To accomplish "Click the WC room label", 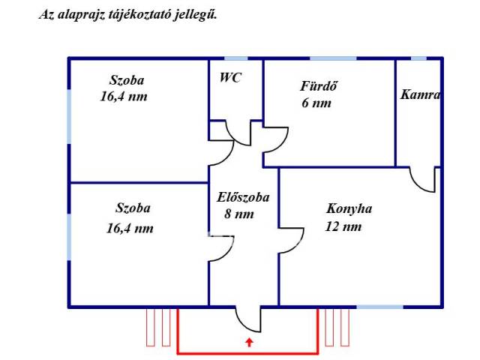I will [x=230, y=77].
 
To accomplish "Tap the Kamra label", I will [x=420, y=95].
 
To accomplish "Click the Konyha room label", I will [x=349, y=209].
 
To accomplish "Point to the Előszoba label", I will [x=242, y=198].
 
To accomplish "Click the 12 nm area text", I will [x=344, y=226].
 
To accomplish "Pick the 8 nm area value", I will [x=239, y=214].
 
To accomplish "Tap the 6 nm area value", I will [x=316, y=104].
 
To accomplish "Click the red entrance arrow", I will [x=248, y=343].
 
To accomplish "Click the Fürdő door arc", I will [x=274, y=138].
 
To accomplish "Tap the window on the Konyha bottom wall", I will [x=379, y=306].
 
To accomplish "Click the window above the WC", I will [x=235, y=58].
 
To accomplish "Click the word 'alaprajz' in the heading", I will [x=81, y=14].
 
